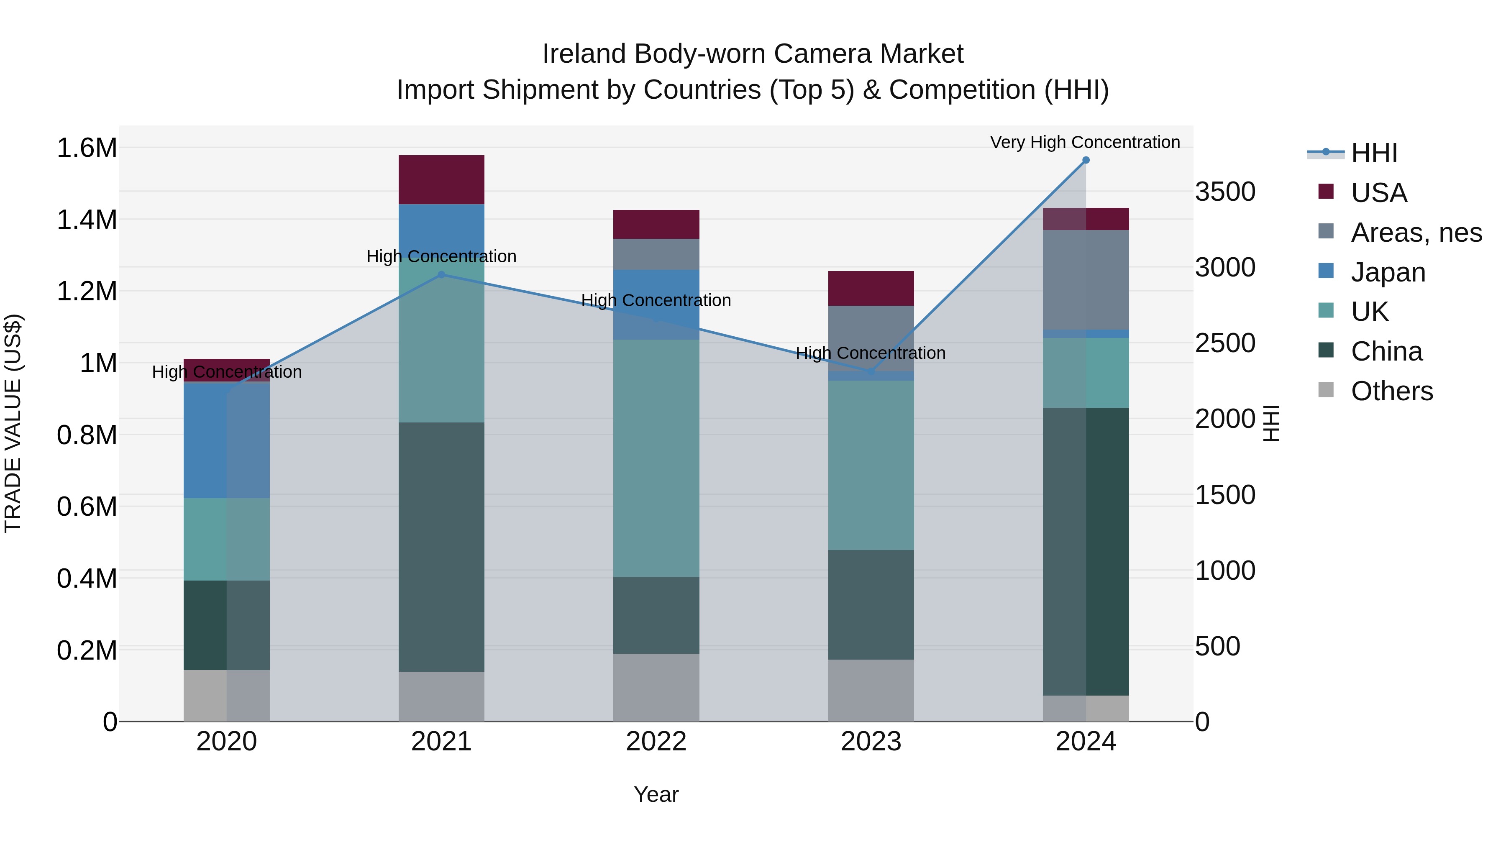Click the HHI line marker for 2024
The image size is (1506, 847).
click(1086, 160)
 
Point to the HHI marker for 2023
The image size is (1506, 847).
click(871, 372)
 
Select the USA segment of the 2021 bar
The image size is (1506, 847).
click(441, 179)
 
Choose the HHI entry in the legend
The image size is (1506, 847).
click(1374, 153)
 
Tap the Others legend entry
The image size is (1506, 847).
click(1391, 391)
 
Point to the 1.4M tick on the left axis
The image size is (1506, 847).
click(87, 220)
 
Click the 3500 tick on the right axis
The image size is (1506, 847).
click(1225, 192)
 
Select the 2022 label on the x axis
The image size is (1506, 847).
click(656, 742)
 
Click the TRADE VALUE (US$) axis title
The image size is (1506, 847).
click(13, 423)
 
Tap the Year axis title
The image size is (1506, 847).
click(656, 794)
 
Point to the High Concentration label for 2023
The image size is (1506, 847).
click(871, 353)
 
